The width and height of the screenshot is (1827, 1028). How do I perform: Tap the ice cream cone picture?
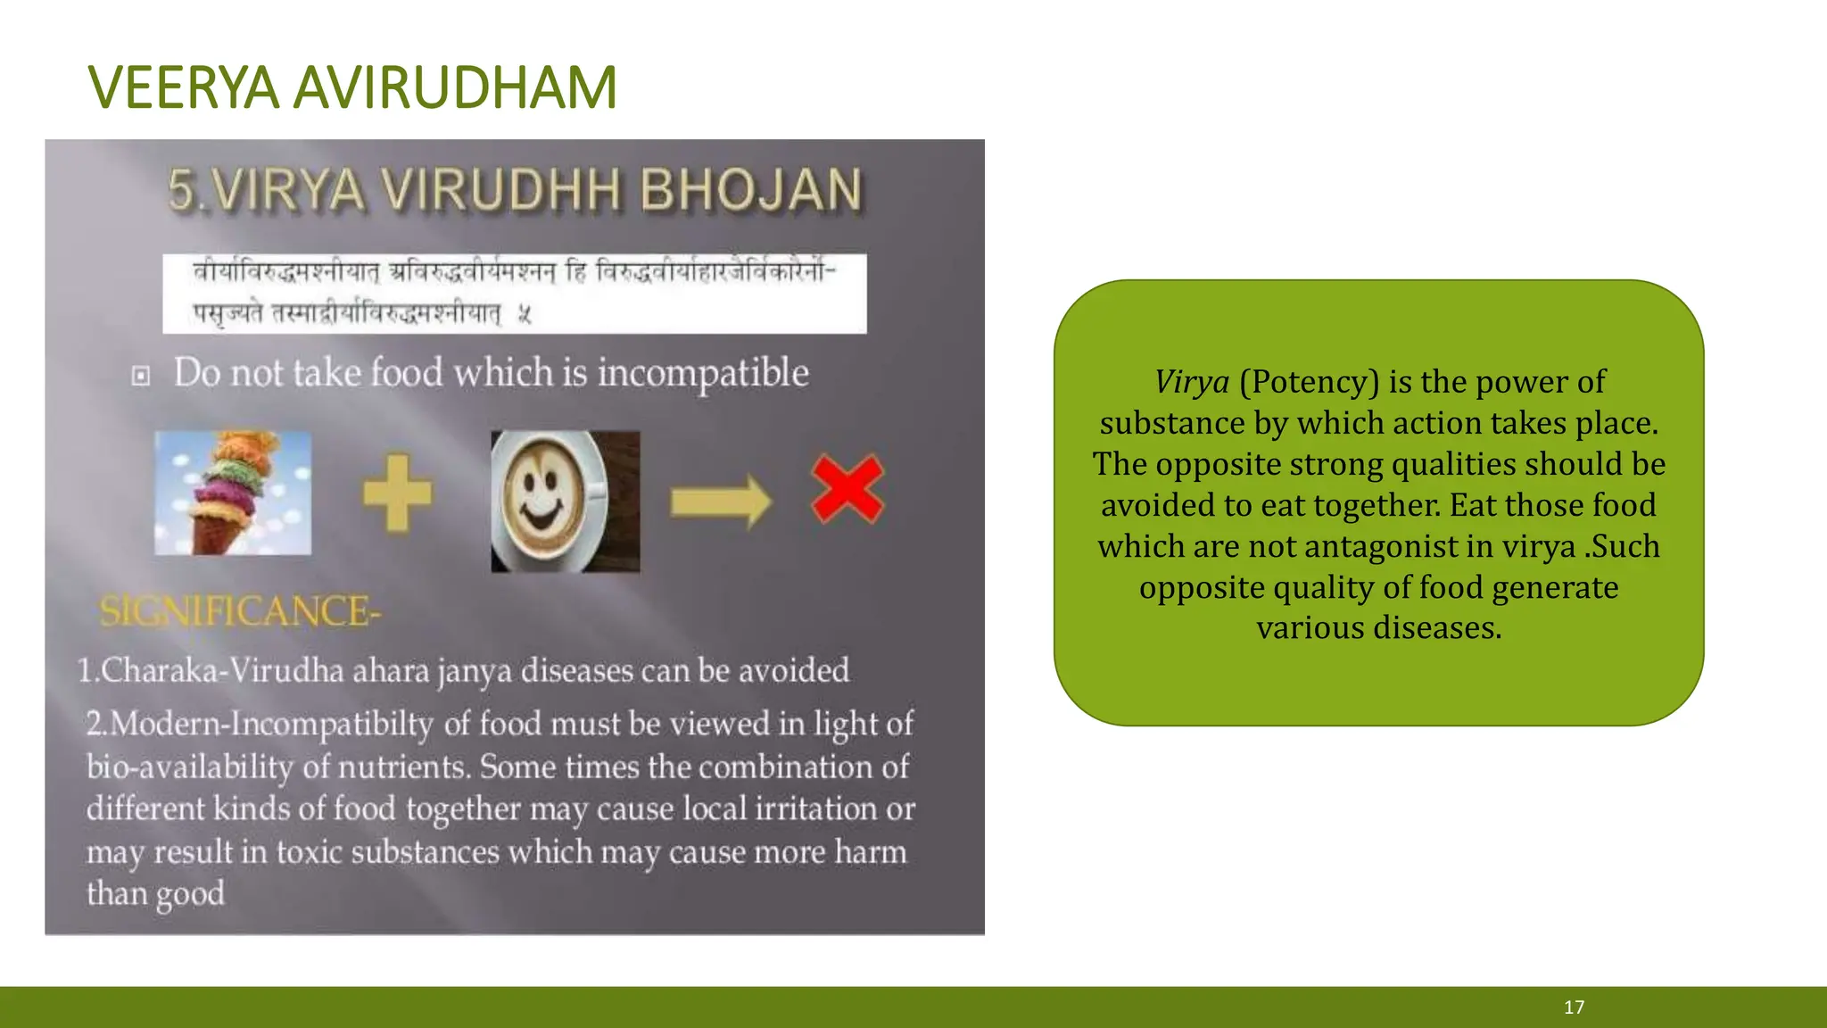point(233,493)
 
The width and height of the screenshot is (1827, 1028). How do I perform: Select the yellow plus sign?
point(397,493)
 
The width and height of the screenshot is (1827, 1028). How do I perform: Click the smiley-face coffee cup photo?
point(565,501)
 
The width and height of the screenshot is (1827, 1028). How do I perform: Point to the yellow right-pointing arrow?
point(721,502)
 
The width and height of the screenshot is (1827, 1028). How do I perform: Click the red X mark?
point(847,489)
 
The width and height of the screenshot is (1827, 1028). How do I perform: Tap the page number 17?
point(1574,1007)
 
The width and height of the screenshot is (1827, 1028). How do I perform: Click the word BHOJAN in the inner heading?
point(751,190)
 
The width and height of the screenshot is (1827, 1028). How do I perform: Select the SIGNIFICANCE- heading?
point(240,612)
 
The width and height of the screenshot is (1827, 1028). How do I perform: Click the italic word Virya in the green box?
point(1192,382)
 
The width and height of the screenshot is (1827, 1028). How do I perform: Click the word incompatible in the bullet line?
point(703,373)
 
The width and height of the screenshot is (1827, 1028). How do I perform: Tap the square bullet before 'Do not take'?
point(141,376)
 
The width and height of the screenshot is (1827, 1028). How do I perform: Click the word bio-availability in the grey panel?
point(190,767)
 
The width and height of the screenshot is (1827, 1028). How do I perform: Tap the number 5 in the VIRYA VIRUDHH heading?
point(181,190)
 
